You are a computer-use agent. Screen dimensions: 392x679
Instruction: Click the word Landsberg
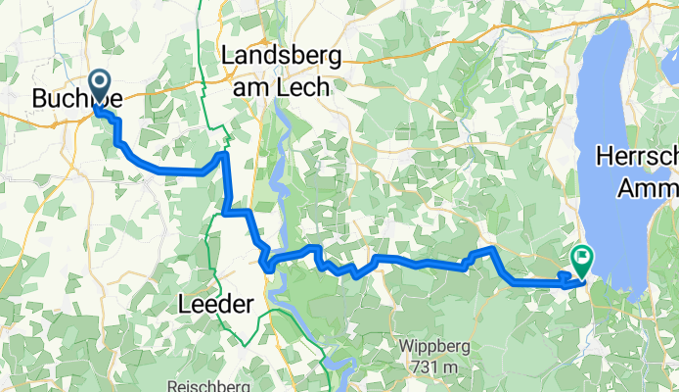(283, 57)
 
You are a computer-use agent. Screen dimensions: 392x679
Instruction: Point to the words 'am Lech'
(283, 86)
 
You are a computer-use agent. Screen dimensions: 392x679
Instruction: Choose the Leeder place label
(216, 306)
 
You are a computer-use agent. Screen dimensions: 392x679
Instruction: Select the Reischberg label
(211, 386)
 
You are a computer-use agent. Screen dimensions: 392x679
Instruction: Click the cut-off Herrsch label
(636, 158)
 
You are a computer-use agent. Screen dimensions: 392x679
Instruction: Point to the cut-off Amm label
(647, 186)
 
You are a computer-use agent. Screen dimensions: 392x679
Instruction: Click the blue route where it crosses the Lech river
(271, 261)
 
